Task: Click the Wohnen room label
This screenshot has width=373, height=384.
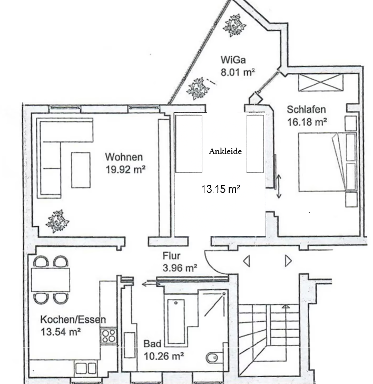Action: pos(124,157)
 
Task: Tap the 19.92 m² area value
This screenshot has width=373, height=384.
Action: pos(125,169)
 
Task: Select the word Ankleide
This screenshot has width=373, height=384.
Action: pos(225,151)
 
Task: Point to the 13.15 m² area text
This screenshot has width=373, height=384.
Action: pos(220,189)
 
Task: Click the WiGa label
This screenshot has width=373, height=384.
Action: pos(233,60)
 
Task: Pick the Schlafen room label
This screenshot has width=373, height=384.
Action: pos(306,110)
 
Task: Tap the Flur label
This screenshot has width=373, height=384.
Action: pos(171,256)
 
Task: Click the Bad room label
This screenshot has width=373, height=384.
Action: pos(152,343)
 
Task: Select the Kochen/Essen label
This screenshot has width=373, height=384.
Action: pos(73,320)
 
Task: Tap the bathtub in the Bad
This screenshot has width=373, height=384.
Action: pos(176,322)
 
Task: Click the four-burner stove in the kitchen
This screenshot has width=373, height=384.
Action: pos(109,336)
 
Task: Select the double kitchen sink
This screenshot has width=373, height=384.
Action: pos(85,368)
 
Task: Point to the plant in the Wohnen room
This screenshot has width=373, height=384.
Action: pos(57,221)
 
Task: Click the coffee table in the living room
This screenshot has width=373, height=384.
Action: pos(81,170)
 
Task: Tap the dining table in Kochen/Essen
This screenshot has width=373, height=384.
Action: pos(51,280)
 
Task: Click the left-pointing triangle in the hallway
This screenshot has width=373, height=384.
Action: pos(247,261)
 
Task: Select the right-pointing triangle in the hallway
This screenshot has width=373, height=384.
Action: pos(288,261)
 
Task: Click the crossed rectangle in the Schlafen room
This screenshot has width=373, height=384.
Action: pos(321,82)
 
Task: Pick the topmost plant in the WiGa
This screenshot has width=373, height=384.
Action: pos(234,25)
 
